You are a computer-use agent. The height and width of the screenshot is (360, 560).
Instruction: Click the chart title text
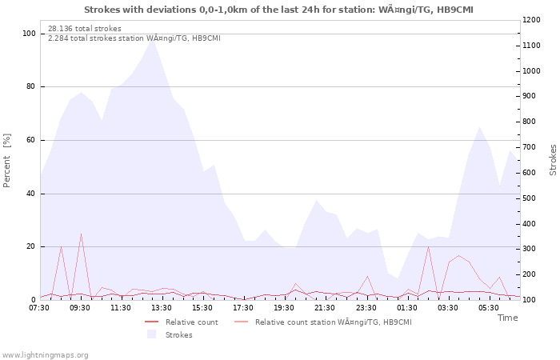pos(278,10)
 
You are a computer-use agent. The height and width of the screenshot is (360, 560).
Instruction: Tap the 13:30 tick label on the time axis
pos(161,308)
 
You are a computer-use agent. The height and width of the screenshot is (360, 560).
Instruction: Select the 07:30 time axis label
pos(39,308)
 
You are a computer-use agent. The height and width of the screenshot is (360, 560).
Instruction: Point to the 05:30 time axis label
pos(489,308)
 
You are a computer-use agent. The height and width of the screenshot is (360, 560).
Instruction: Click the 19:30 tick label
pos(284,308)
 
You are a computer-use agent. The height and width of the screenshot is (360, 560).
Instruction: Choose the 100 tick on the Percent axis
pos(29,34)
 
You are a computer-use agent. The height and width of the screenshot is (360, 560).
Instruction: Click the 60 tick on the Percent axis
pos(30,140)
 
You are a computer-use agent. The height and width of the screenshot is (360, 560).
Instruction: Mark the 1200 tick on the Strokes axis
pos(531,20)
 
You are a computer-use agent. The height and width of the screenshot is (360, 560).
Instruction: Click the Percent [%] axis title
pos(6,160)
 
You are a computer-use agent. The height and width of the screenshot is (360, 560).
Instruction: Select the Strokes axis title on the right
pos(553,160)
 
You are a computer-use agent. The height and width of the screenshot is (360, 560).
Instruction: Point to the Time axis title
pos(507,318)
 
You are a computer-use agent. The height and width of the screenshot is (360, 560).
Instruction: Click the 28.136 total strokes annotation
pos(85,29)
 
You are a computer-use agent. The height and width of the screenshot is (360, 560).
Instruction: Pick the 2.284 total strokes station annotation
pos(134,38)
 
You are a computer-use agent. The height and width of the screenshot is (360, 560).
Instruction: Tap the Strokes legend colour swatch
pos(151,334)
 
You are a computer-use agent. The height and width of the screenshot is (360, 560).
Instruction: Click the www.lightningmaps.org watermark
pos(44,355)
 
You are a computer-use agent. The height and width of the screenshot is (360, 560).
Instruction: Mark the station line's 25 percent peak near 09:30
pos(81,234)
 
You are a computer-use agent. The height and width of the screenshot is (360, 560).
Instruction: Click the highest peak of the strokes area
pos(153,37)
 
